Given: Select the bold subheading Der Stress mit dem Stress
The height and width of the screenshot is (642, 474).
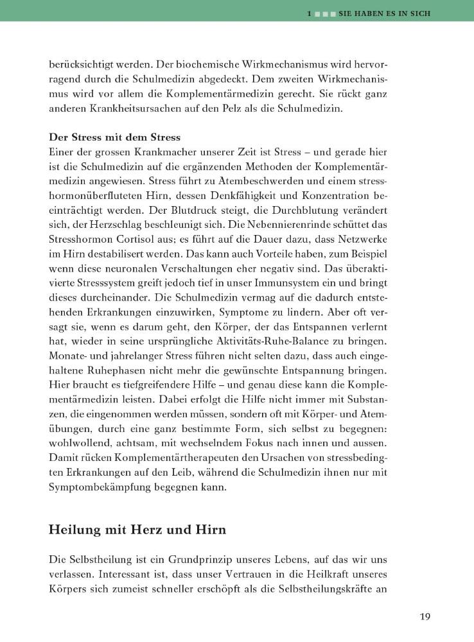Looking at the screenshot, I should pos(115,137).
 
